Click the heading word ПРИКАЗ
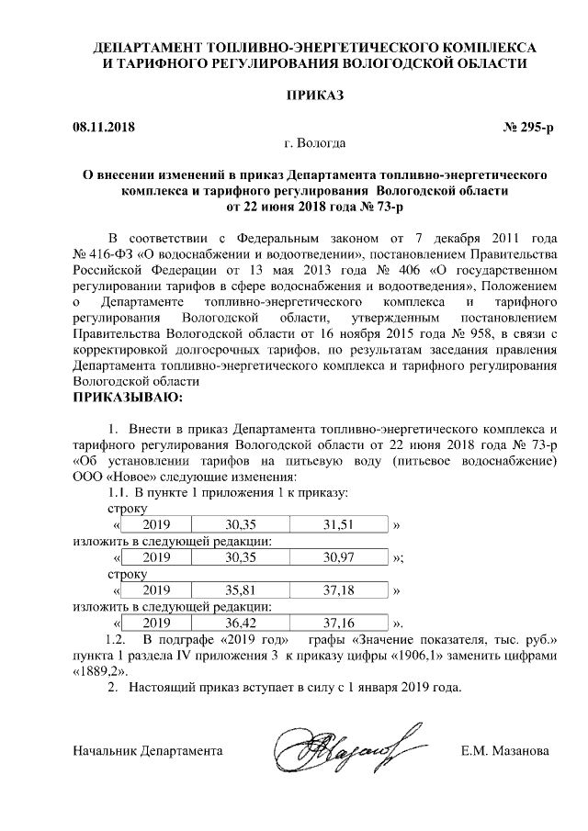pyautogui.click(x=315, y=95)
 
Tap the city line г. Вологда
pyautogui.click(x=315, y=144)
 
